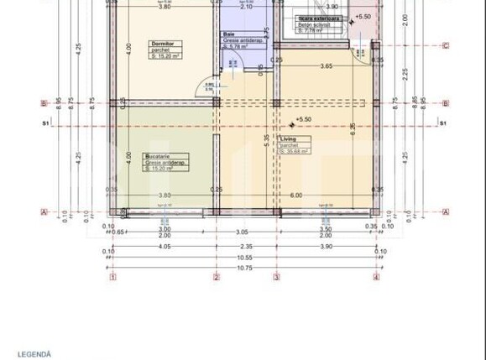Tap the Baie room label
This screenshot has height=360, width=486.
[229, 34]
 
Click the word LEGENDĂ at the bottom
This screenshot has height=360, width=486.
[34, 354]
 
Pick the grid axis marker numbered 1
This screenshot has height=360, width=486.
[112, 277]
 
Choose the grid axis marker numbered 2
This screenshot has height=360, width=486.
[216, 277]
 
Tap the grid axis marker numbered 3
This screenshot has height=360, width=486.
[275, 277]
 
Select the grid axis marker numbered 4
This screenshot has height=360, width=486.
[376, 277]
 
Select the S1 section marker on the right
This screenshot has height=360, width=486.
[442, 123]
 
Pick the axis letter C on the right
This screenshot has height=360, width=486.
[445, 45]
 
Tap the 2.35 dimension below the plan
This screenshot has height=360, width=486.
[245, 247]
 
